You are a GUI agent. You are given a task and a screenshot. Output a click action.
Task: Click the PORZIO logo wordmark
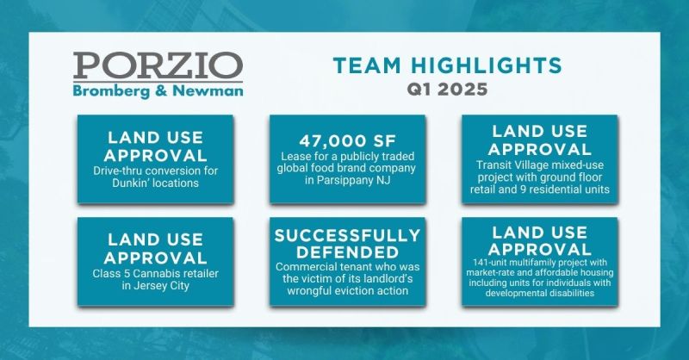158,65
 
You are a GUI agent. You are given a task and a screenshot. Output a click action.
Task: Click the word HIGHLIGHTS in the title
487,65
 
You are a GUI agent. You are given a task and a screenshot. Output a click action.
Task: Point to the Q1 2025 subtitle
447,90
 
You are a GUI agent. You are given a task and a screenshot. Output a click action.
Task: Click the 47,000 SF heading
348,141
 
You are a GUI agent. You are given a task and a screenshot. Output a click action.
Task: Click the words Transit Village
507,165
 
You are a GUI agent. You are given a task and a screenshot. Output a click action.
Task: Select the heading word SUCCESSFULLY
348,236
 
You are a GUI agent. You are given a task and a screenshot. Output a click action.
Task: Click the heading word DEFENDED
348,252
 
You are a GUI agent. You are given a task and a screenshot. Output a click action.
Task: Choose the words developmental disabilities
540,293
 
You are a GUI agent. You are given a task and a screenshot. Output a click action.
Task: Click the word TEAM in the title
368,65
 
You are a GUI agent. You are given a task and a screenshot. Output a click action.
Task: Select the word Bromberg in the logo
111,91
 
